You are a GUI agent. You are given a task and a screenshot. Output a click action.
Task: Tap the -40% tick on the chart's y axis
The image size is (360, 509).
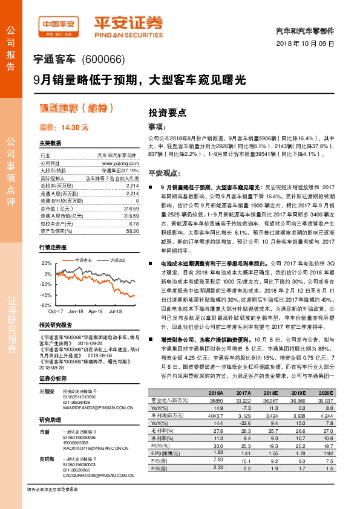tap(46, 294)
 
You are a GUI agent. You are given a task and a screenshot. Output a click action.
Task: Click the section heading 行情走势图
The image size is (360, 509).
tap(53, 248)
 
